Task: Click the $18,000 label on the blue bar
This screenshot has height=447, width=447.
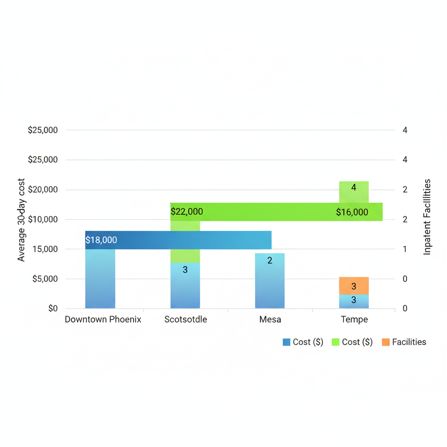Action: tap(101, 240)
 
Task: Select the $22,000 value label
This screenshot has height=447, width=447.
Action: tap(187, 212)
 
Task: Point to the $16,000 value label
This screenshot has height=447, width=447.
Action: tap(352, 213)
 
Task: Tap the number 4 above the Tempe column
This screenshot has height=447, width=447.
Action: tap(354, 188)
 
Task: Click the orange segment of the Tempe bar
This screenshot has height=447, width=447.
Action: tap(354, 286)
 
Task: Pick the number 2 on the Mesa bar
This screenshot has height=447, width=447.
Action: tap(270, 261)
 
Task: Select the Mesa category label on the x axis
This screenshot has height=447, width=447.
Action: tap(270, 320)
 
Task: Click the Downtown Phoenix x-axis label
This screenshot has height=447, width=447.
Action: tap(103, 320)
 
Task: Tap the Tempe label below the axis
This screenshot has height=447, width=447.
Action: tap(354, 320)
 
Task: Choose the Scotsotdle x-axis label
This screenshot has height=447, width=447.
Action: tap(186, 320)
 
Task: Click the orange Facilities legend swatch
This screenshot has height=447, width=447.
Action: tap(385, 342)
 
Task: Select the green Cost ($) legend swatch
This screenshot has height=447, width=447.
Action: tap(335, 342)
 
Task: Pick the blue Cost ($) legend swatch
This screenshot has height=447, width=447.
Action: tap(286, 342)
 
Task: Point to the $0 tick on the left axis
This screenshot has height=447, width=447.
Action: tap(53, 309)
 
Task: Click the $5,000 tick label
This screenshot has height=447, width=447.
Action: tap(45, 279)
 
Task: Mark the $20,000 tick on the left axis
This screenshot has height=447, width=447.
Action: tap(43, 190)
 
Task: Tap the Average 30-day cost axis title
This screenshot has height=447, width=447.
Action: tap(21, 220)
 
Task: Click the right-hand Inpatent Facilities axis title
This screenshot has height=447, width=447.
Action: tap(427, 217)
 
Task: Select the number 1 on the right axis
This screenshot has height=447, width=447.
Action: tap(405, 249)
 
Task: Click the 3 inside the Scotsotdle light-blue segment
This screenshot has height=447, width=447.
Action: tap(185, 270)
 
